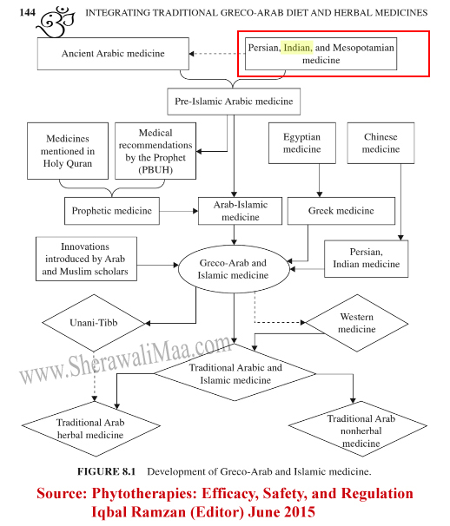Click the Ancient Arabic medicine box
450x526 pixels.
tap(113, 54)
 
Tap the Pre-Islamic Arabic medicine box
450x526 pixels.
tap(234, 102)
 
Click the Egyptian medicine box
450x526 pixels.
tap(302, 143)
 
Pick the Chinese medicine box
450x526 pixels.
tap(381, 143)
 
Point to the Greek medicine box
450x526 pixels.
tap(341, 211)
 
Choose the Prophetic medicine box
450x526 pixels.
tap(112, 211)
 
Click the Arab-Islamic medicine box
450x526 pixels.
tap(240, 211)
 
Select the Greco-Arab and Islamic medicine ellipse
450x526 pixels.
tap(234, 269)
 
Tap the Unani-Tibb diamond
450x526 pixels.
tap(94, 323)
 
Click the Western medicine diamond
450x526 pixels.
tap(357, 323)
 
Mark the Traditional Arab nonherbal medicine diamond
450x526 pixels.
tap(358, 429)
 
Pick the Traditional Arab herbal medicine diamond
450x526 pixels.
tap(91, 429)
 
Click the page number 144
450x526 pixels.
tap(27, 12)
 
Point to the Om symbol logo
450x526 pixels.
tap(56, 21)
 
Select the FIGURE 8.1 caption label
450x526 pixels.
tap(106, 471)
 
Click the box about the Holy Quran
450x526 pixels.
tap(68, 151)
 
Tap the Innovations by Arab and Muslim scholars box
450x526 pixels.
tap(86, 259)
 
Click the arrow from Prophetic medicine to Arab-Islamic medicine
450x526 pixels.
tap(179, 211)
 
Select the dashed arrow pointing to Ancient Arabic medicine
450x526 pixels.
tap(217, 54)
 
